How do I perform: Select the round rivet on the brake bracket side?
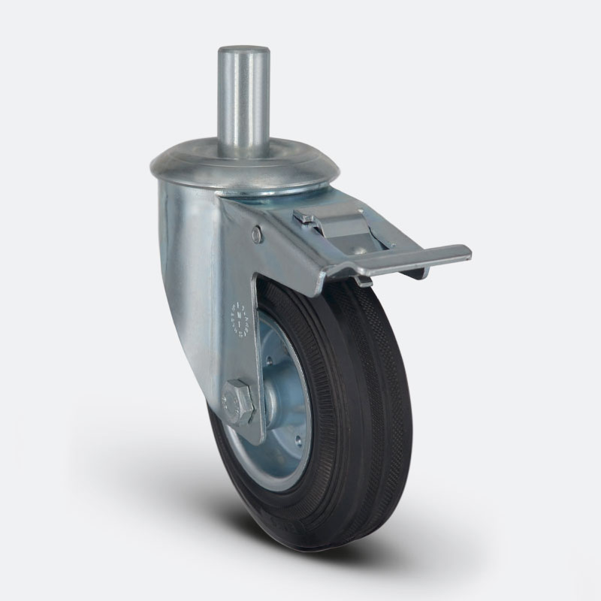pos(258,235)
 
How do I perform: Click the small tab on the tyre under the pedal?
pos(364,281)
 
